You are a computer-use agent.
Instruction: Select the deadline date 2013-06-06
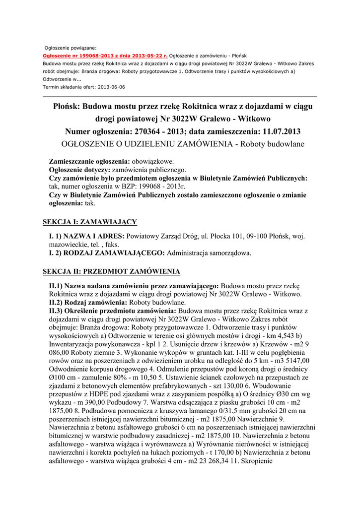(112, 87)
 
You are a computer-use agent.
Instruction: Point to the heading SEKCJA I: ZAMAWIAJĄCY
(90, 222)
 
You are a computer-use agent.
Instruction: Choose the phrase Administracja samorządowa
(209, 253)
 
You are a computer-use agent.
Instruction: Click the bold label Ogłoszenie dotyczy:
(79, 170)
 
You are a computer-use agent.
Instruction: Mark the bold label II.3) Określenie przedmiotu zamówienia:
(109, 311)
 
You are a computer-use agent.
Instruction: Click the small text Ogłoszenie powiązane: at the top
(71, 47)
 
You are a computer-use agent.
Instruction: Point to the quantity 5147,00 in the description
(295, 361)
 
